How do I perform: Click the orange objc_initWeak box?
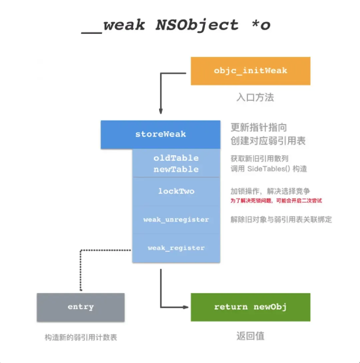[x=250, y=71]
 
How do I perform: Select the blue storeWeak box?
[x=160, y=134]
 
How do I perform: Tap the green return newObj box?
[x=250, y=307]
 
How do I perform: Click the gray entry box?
[x=81, y=307]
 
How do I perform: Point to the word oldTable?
[x=176, y=158]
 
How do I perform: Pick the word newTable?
[x=176, y=169]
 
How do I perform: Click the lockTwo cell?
[x=176, y=191]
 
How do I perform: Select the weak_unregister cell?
[x=176, y=220]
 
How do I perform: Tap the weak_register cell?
[x=176, y=248]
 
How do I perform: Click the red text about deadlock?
[x=276, y=201]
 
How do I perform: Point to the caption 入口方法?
[x=255, y=98]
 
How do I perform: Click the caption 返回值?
[x=250, y=336]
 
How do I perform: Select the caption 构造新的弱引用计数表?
[x=81, y=337]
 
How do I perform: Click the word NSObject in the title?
[x=197, y=25]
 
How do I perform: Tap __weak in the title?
[x=113, y=25]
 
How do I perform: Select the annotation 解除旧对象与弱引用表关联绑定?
[x=281, y=220]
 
